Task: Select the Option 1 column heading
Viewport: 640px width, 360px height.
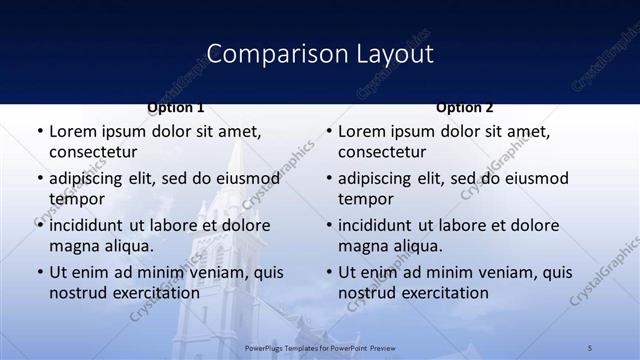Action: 176,107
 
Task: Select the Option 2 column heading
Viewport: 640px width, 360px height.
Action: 465,107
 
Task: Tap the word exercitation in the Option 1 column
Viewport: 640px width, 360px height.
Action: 153,293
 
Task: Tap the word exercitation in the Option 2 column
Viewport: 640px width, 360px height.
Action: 442,293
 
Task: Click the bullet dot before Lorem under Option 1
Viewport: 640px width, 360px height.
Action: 39,132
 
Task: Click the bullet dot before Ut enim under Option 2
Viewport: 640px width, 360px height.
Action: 328,273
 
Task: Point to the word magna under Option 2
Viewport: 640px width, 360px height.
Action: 362,246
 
